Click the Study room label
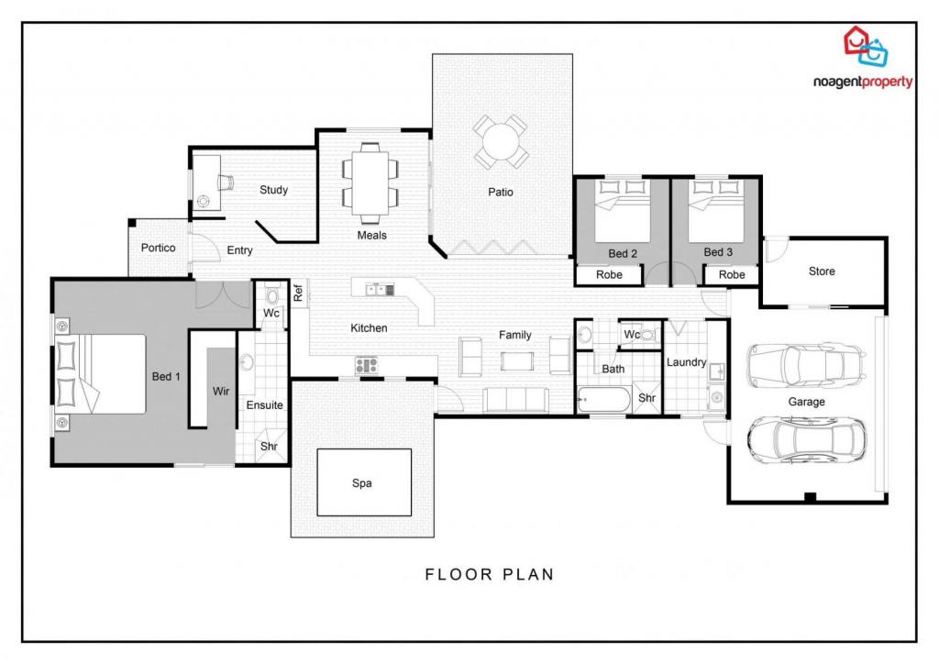tap(273, 190)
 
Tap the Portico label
tap(158, 248)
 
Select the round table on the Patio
tap(502, 141)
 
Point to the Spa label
tap(361, 483)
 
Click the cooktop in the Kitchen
tap(367, 365)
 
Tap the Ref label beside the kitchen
tap(298, 293)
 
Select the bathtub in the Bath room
tap(603, 399)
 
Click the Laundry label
tap(686, 362)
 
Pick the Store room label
tap(822, 271)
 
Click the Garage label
tap(806, 402)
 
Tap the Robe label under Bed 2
tap(609, 275)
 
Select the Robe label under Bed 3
tap(732, 275)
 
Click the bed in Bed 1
tap(101, 374)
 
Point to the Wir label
tap(221, 391)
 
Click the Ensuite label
tap(265, 405)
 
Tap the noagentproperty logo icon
tap(866, 46)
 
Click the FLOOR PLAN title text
tap(490, 575)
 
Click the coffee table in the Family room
tap(517, 361)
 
